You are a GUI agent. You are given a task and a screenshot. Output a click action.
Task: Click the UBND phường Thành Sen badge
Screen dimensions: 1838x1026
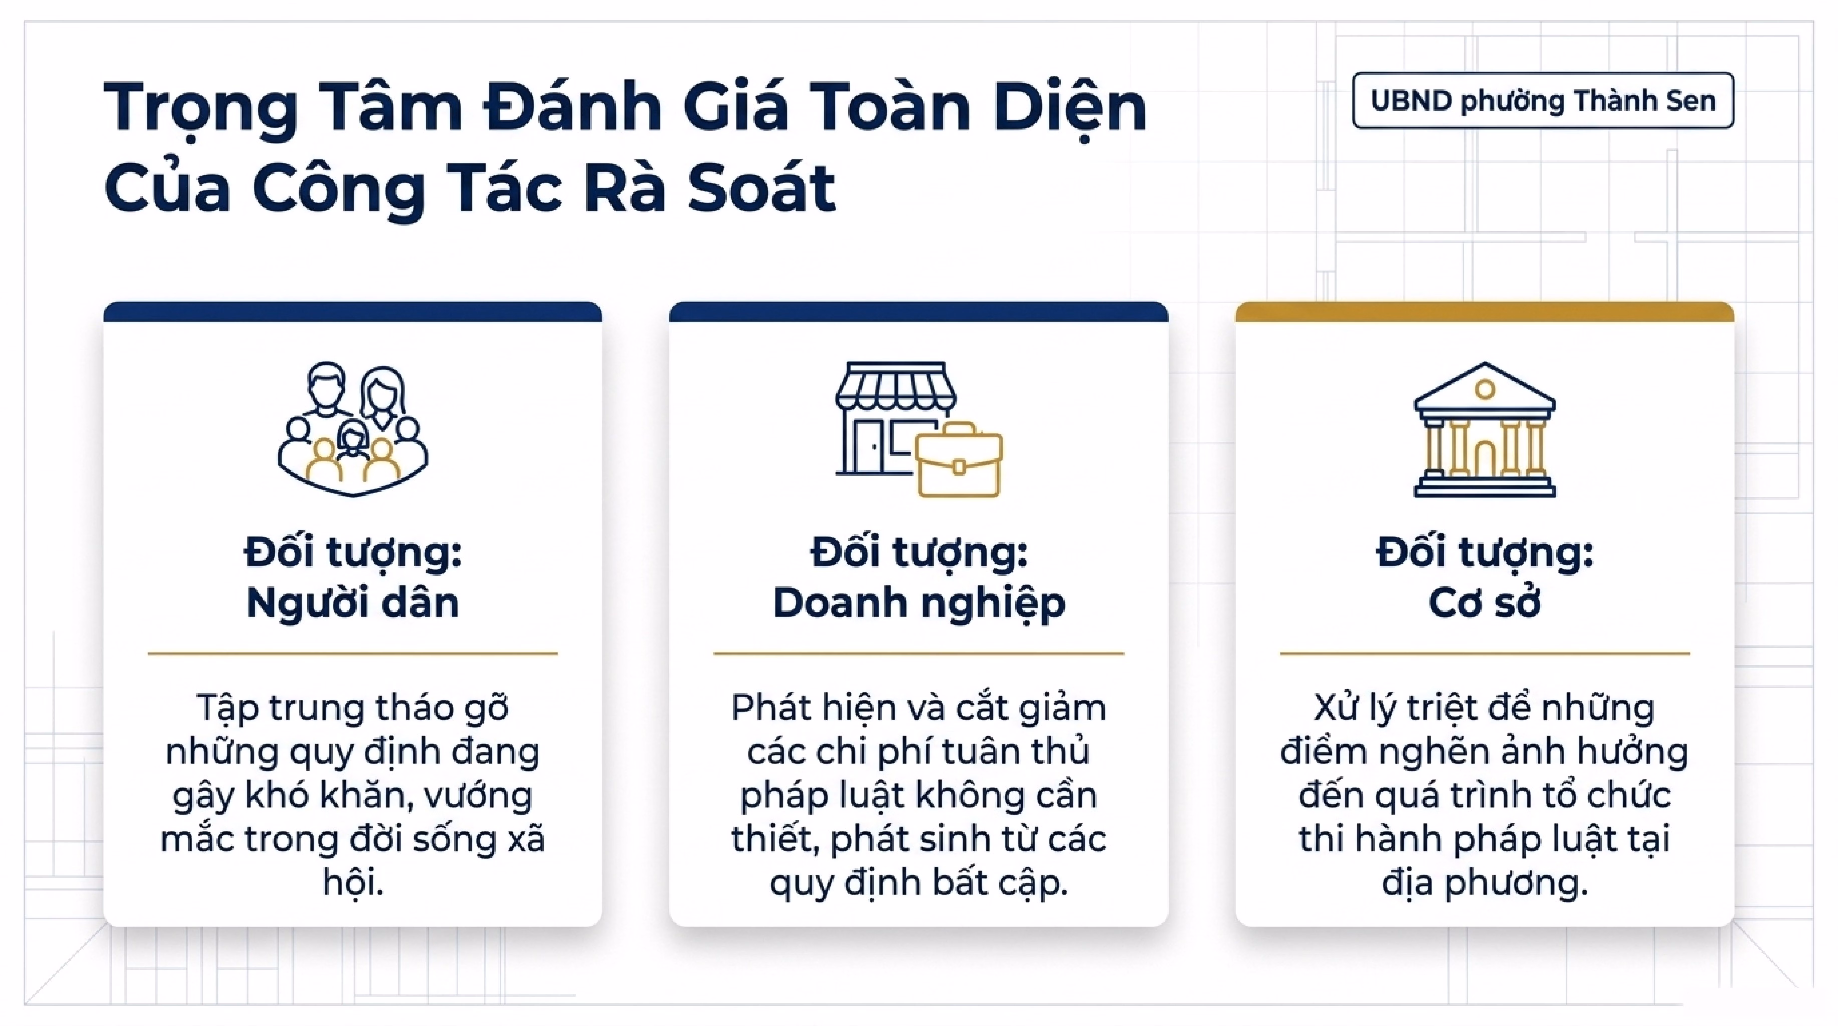(1543, 101)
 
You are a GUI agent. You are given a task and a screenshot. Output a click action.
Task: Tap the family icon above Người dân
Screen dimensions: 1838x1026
(352, 429)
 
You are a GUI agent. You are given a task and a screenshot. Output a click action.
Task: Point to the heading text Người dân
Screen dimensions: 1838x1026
(352, 603)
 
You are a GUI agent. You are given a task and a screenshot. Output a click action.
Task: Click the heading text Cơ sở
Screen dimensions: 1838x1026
(1485, 603)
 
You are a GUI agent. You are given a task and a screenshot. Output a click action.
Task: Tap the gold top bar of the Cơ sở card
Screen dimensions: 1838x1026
(1485, 312)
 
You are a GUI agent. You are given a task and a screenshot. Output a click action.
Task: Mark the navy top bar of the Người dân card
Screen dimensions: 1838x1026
(352, 312)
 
